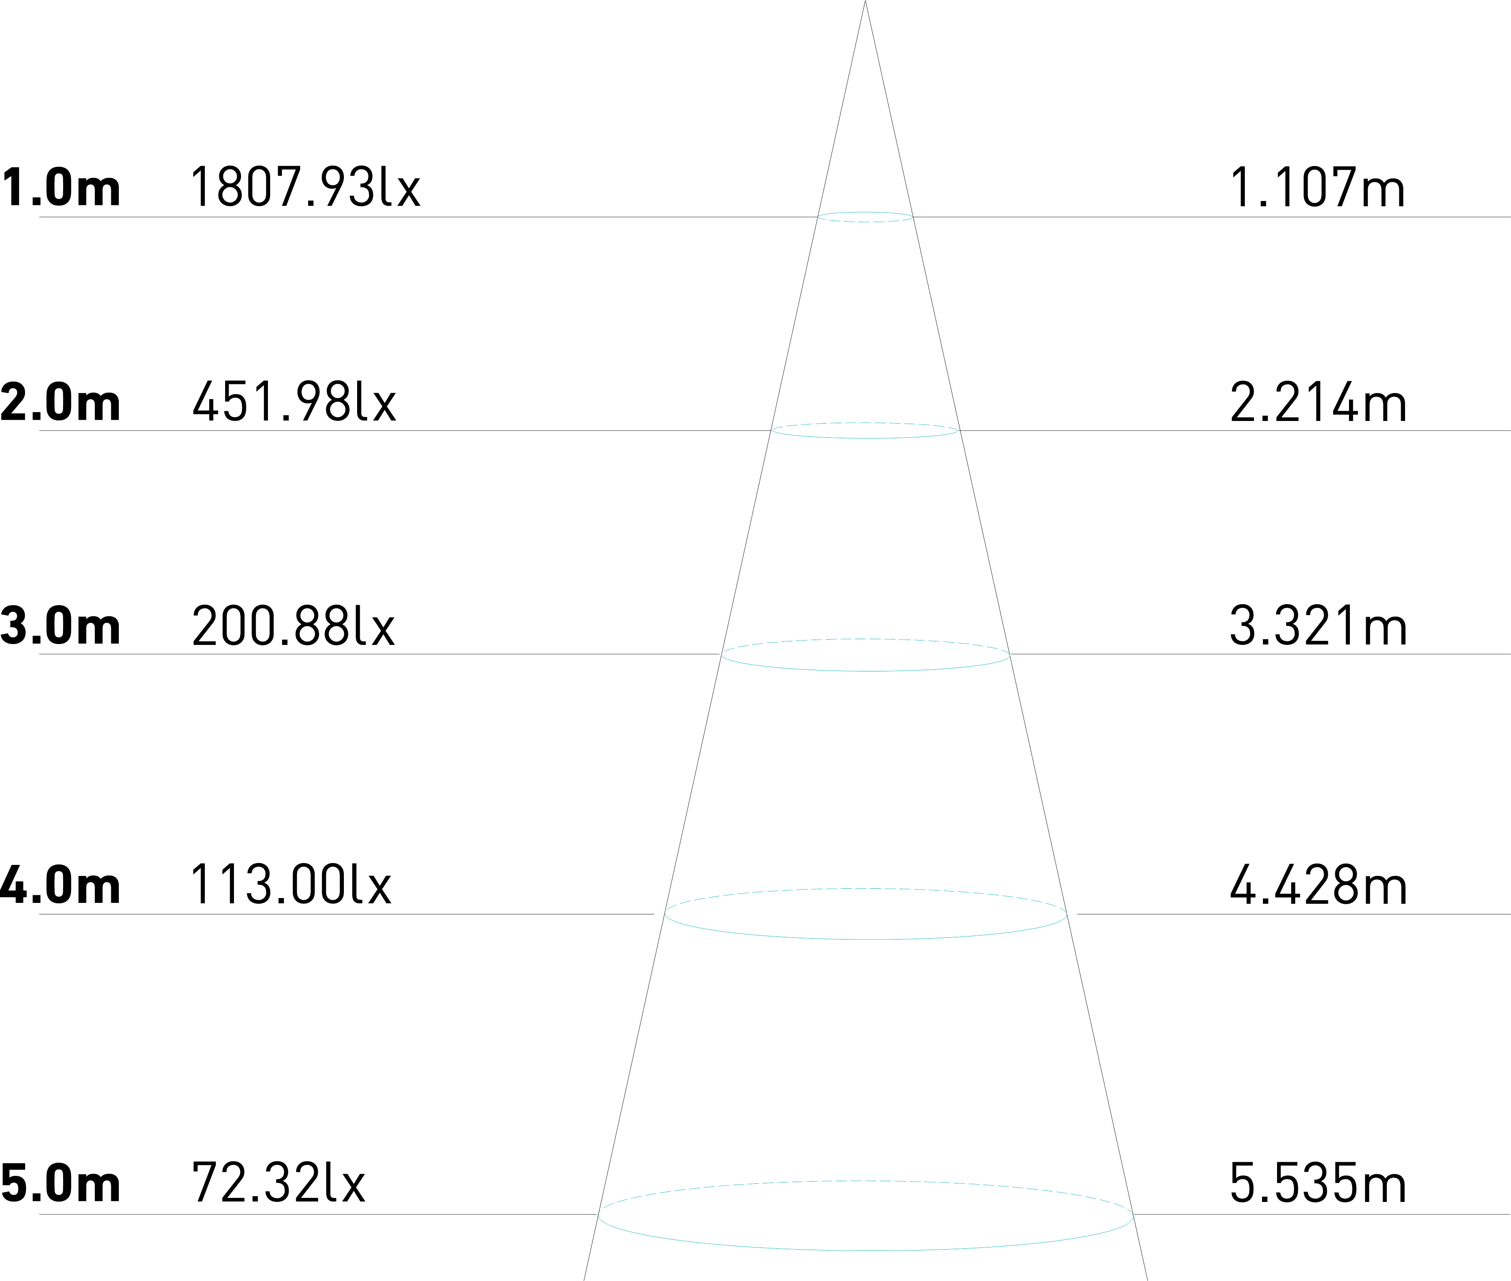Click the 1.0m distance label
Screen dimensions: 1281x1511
coord(61,187)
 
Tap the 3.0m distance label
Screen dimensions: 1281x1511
coord(61,625)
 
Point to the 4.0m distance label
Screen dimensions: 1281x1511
coord(61,884)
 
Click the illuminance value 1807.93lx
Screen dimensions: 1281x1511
coord(305,187)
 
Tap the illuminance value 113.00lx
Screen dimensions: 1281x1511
coord(290,884)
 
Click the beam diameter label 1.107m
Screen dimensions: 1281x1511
coord(1317,187)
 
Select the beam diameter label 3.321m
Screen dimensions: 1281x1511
coord(1317,625)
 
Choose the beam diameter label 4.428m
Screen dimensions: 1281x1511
coord(1317,884)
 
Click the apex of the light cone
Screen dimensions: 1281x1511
coord(865,3)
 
